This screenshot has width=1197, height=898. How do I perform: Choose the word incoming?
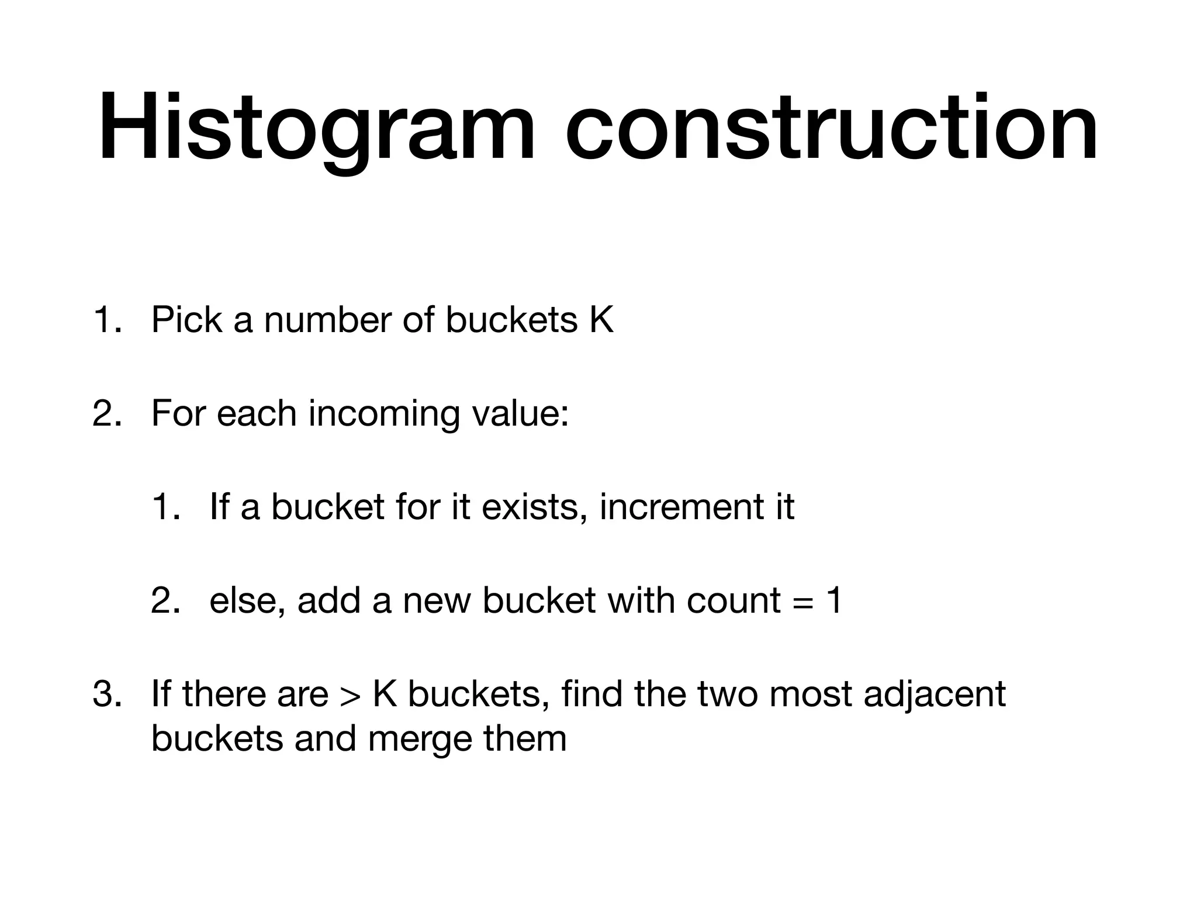(383, 413)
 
